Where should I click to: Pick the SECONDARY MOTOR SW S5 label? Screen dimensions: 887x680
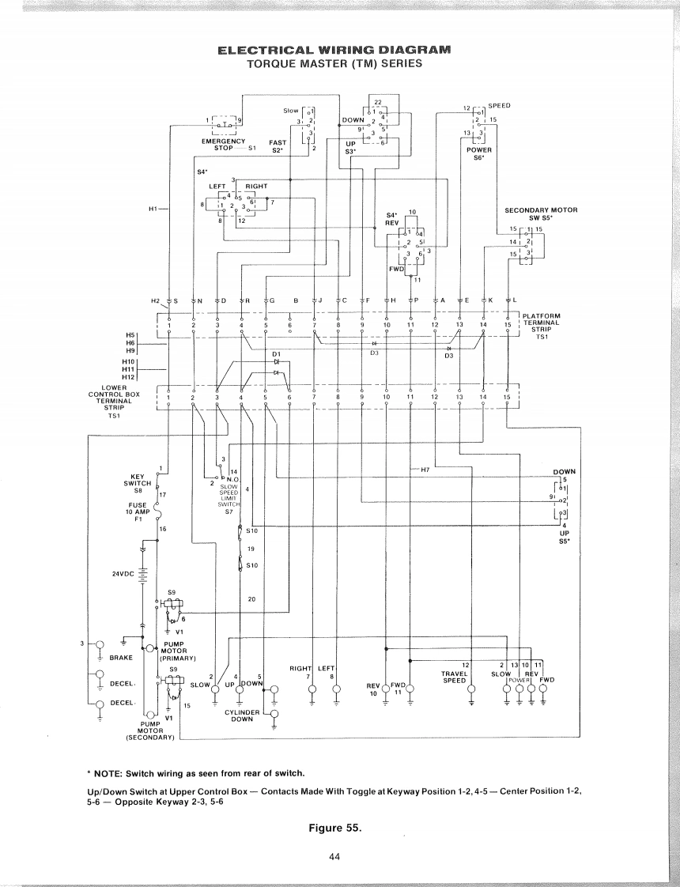(x=541, y=213)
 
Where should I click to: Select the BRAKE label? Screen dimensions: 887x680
(x=121, y=657)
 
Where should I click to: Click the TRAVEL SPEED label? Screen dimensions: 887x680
(x=454, y=677)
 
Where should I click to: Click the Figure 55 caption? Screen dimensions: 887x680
(x=341, y=828)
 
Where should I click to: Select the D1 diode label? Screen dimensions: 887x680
(x=276, y=353)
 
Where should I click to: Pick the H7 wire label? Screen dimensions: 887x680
(x=425, y=470)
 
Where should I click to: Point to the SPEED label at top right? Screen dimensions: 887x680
(x=499, y=105)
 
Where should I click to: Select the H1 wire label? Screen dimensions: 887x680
(x=154, y=209)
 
